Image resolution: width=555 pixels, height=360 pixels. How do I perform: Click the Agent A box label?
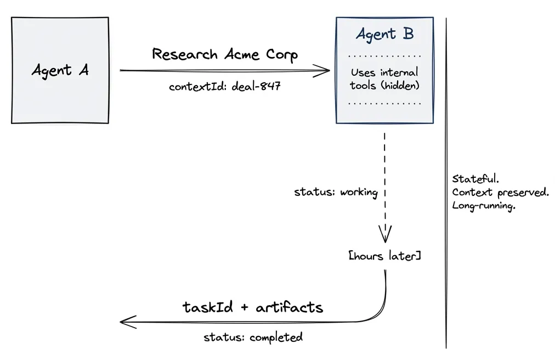click(x=60, y=70)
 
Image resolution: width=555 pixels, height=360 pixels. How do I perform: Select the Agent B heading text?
click(x=384, y=34)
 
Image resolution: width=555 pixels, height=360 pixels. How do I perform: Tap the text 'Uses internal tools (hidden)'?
click(x=384, y=78)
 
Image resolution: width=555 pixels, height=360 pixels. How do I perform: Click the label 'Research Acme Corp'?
click(x=225, y=55)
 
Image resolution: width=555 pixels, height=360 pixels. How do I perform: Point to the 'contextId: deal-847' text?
click(x=225, y=87)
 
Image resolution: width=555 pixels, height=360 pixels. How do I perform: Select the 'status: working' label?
click(x=336, y=192)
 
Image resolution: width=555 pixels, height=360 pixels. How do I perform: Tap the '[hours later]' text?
click(x=385, y=256)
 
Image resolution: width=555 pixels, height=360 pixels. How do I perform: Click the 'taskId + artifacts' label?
click(x=253, y=307)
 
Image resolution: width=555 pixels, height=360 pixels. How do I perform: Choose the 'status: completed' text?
click(x=253, y=337)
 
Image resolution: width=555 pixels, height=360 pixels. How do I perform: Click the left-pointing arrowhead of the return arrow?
click(x=125, y=322)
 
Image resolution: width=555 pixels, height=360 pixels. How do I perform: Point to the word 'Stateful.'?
click(x=475, y=179)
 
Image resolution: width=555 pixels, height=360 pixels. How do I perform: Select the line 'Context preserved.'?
click(x=500, y=193)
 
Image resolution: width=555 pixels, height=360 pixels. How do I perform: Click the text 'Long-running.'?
click(x=484, y=206)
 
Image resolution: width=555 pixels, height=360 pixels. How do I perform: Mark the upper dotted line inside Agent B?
click(x=384, y=57)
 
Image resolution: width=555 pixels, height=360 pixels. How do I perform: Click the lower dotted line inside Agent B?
click(x=384, y=103)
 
